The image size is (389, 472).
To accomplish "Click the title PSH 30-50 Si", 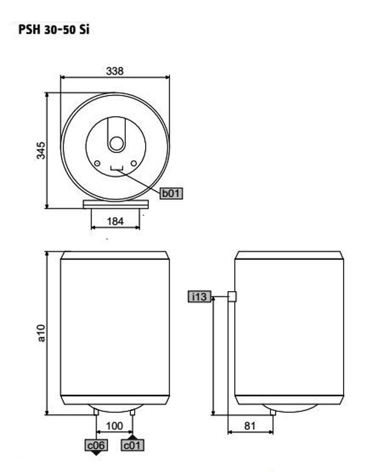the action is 54,30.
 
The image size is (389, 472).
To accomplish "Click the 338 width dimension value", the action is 115,71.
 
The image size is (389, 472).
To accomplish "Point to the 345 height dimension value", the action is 41,150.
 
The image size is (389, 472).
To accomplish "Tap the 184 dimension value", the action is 115,221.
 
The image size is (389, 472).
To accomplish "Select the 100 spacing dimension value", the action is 115,426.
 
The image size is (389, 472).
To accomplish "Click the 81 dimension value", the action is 250,426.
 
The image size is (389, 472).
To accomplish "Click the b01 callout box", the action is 171,193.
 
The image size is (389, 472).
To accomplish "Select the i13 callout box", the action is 199,296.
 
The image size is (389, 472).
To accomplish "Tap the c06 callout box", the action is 96,445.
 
